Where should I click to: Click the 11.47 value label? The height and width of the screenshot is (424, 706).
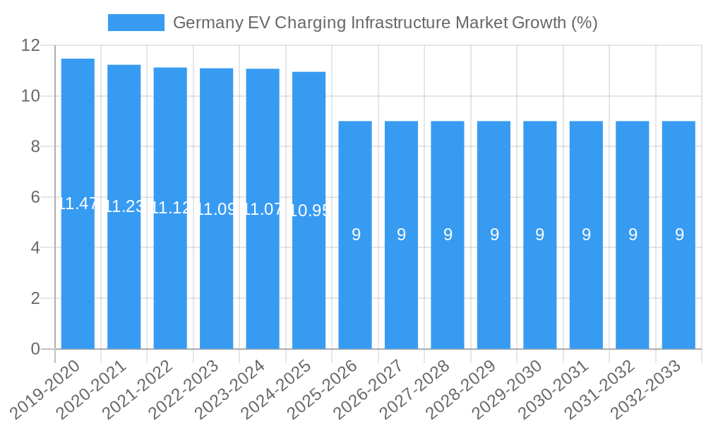(78, 204)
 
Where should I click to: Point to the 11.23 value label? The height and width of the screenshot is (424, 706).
(124, 206)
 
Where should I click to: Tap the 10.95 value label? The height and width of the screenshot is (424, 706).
(309, 210)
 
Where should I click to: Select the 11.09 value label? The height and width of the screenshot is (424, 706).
(217, 209)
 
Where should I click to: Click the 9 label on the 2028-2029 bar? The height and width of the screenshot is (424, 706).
(494, 235)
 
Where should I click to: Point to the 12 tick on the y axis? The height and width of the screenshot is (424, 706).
(31, 45)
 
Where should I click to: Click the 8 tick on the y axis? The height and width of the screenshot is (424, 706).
(35, 147)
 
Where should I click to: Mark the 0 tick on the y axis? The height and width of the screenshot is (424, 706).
(35, 349)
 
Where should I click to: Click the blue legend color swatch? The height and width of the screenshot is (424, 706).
(136, 23)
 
